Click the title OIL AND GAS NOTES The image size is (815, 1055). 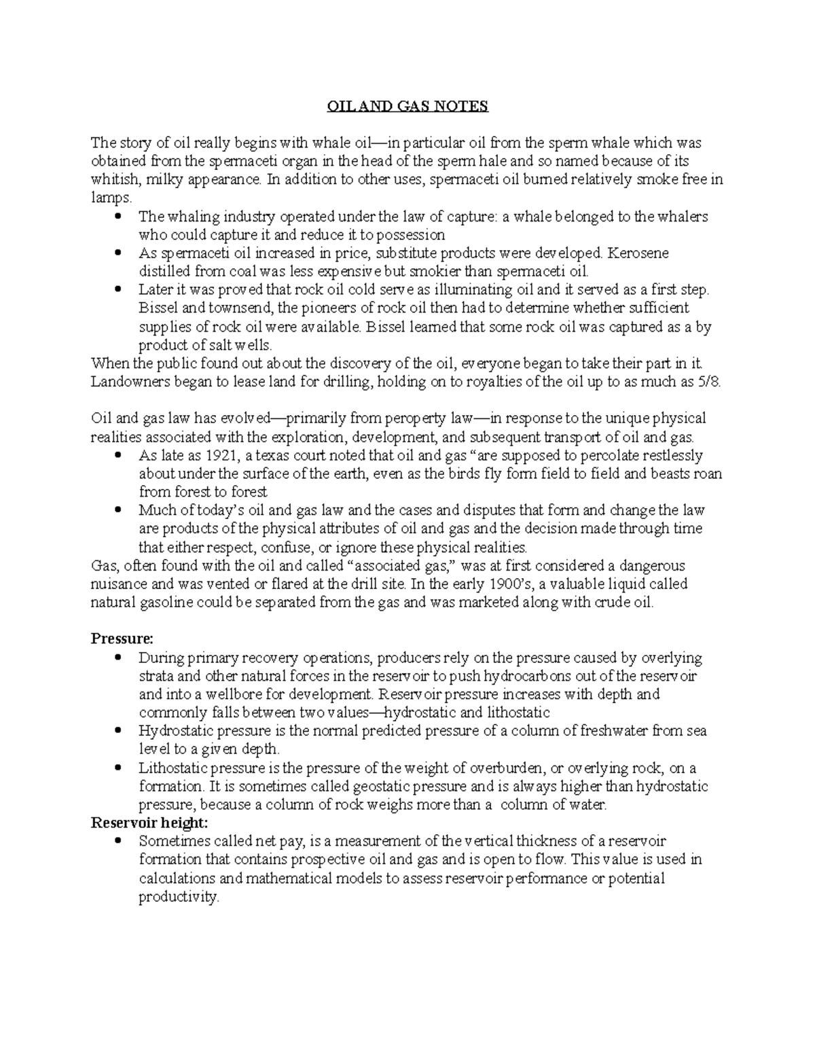tap(407, 107)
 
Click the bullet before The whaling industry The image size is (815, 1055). tap(120, 217)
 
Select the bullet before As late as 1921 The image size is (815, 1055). tap(120, 455)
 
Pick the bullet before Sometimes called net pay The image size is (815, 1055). tap(120, 841)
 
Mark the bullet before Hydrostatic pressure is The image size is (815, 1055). tap(120, 731)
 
